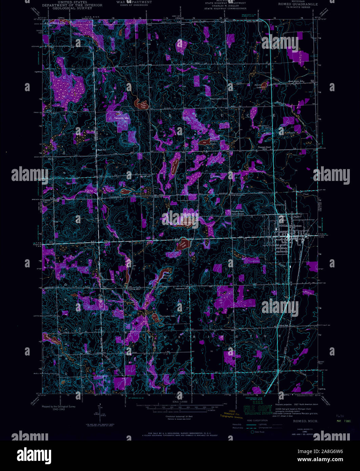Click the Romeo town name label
[297, 226]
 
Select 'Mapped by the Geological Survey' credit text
[59, 406]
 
